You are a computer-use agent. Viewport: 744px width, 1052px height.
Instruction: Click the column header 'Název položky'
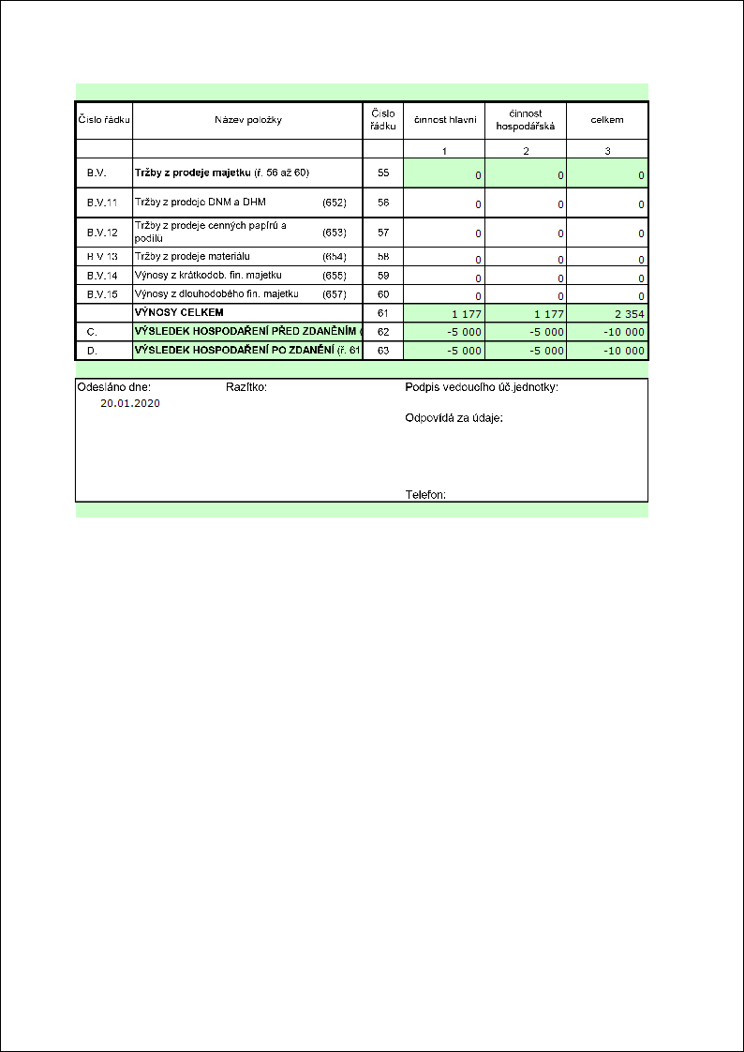coord(247,120)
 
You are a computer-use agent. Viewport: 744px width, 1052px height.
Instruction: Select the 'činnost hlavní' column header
coord(445,120)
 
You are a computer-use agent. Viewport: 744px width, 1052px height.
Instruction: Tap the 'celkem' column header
coord(607,120)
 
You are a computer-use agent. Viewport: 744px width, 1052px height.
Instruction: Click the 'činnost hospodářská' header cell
coord(526,120)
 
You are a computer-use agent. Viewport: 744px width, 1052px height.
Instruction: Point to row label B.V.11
coord(102,203)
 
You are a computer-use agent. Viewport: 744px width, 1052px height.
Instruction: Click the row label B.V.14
coord(102,276)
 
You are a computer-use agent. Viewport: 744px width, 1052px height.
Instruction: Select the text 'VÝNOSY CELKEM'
coord(180,312)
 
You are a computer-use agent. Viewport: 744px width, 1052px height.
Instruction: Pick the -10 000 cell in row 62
coord(622,333)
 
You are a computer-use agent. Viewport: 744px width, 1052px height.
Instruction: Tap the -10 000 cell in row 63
coord(622,351)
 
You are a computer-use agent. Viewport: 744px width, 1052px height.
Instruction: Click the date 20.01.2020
coord(130,402)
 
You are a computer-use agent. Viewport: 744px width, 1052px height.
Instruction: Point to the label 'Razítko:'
coord(246,386)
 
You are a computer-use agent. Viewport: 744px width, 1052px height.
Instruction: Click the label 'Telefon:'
coord(425,494)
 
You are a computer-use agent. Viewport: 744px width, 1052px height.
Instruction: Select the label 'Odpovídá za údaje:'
coord(454,418)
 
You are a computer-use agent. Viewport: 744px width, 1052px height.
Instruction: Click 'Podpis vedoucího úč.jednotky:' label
coord(482,386)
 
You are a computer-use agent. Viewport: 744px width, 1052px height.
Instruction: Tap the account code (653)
coord(334,232)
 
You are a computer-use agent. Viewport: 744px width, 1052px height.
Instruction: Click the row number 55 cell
coord(382,173)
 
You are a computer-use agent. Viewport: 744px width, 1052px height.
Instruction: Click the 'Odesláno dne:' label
coord(113,386)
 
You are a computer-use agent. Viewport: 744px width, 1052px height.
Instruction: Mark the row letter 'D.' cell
coord(92,351)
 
